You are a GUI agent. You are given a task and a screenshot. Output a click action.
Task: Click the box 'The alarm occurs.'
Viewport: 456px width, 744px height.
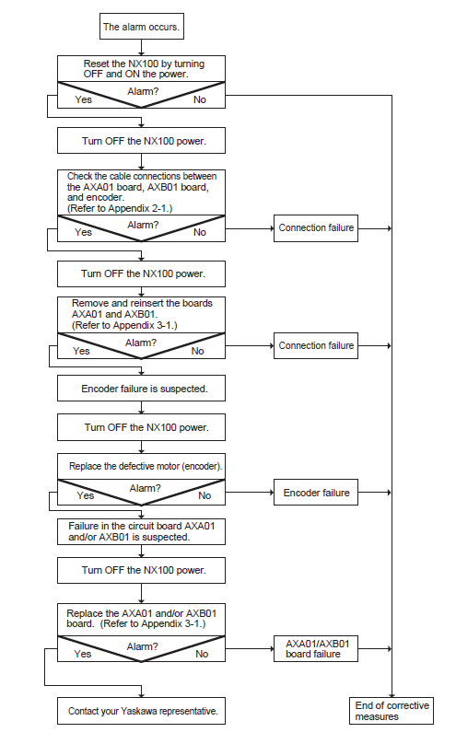[x=141, y=26]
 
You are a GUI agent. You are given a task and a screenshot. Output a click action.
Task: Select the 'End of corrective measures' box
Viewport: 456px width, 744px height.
[x=392, y=710]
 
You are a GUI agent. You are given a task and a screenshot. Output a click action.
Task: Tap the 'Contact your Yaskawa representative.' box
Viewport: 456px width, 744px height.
[x=141, y=711]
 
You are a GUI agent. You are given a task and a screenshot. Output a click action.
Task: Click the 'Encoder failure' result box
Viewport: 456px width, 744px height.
[x=316, y=492]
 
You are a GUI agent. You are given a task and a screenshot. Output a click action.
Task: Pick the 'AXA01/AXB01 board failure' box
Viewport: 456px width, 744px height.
[x=316, y=648]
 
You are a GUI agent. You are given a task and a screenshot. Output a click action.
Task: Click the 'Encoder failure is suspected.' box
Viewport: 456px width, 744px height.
[x=141, y=389]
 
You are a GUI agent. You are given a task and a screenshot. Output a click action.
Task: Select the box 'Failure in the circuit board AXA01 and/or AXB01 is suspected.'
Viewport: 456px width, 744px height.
[x=141, y=531]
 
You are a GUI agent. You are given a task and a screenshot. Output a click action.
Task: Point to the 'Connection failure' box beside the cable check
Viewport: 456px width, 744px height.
[x=316, y=228]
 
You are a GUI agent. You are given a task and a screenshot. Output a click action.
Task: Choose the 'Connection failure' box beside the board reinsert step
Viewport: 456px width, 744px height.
[x=316, y=345]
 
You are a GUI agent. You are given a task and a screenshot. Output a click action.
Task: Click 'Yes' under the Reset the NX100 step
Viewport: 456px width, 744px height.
[x=84, y=99]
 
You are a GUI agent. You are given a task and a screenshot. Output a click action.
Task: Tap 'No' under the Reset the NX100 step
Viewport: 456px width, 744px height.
[x=200, y=99]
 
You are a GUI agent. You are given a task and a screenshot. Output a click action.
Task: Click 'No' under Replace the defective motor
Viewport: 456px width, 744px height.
[x=205, y=495]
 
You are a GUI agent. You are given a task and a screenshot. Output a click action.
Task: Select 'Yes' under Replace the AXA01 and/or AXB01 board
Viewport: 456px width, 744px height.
[x=83, y=654]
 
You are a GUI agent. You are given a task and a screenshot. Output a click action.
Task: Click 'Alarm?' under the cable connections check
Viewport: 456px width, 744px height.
[x=143, y=225]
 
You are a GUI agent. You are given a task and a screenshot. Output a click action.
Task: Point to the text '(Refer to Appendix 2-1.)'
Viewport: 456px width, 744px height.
[x=120, y=208]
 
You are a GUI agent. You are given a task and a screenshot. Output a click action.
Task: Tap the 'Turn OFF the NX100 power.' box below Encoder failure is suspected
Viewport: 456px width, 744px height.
[x=141, y=427]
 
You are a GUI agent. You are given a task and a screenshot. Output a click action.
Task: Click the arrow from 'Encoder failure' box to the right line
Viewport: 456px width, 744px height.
[x=375, y=492]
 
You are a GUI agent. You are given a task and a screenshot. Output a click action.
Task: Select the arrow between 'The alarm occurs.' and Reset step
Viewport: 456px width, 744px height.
[x=141, y=48]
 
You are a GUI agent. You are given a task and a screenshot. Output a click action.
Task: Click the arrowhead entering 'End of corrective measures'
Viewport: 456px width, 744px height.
[x=392, y=694]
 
